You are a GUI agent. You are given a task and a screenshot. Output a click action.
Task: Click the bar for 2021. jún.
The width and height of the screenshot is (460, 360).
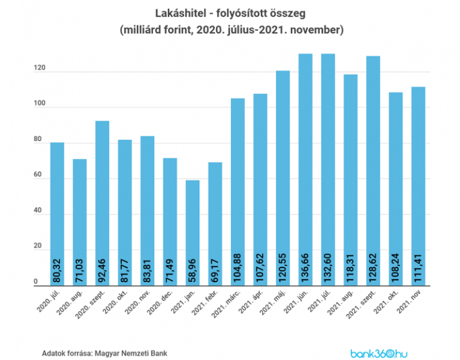306,168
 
